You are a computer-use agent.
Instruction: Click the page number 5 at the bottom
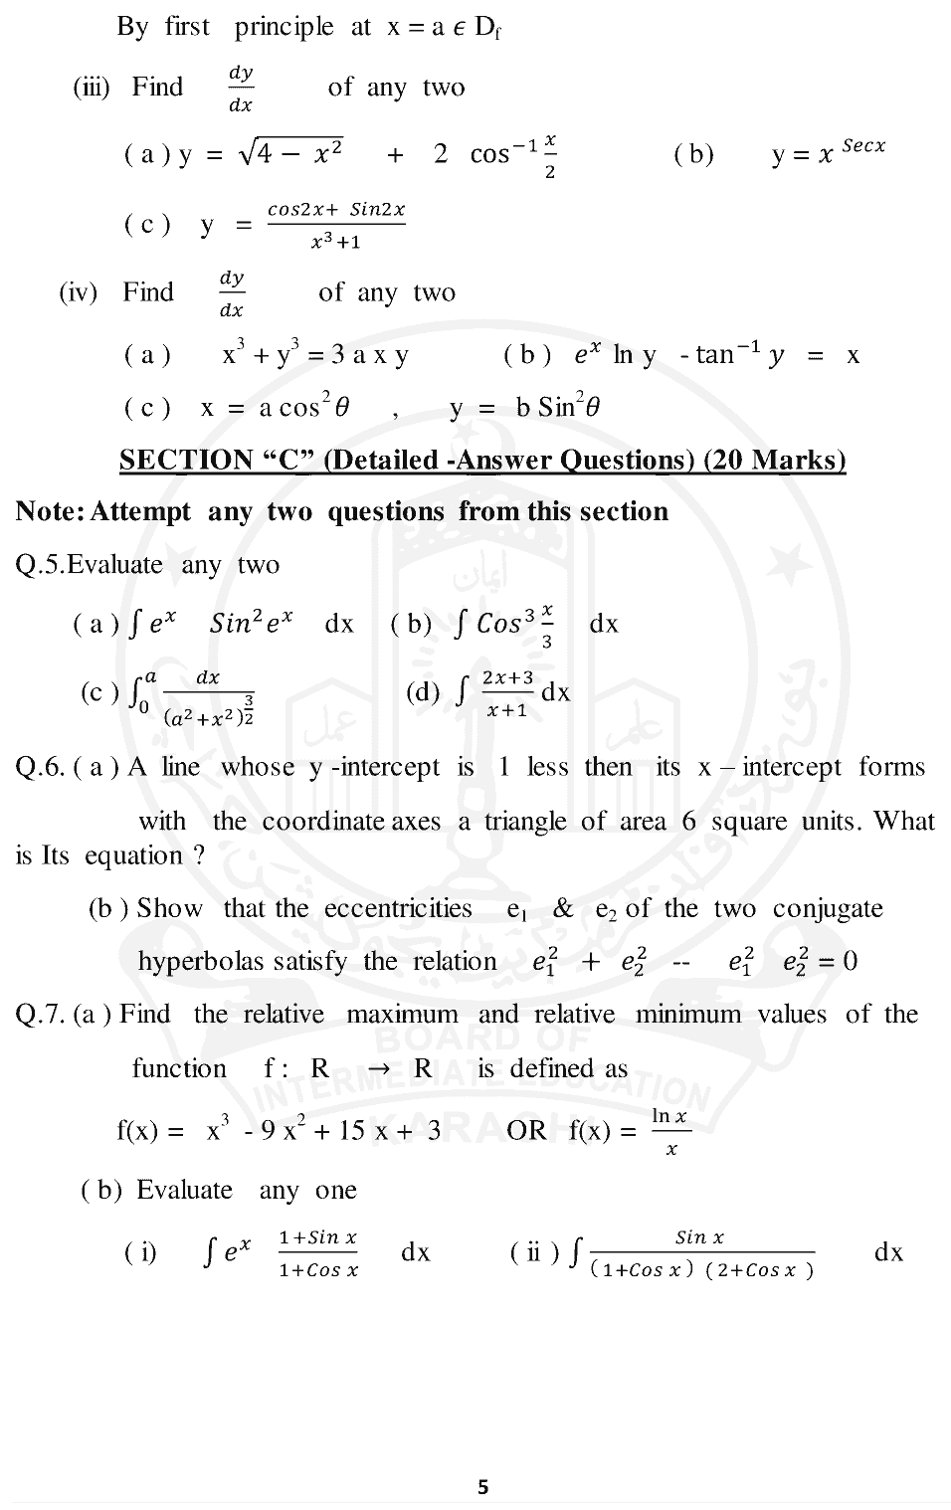(483, 1487)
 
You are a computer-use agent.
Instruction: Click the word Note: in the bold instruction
(50, 511)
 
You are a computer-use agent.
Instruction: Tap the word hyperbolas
(201, 961)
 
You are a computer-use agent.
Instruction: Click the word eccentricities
(398, 908)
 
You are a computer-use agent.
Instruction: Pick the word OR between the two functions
(526, 1131)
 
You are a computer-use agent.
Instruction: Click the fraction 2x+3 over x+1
(507, 693)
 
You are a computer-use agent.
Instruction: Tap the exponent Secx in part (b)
(862, 145)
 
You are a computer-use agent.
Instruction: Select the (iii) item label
(91, 88)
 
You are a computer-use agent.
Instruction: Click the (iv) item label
(79, 292)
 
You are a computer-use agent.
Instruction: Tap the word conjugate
(828, 908)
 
